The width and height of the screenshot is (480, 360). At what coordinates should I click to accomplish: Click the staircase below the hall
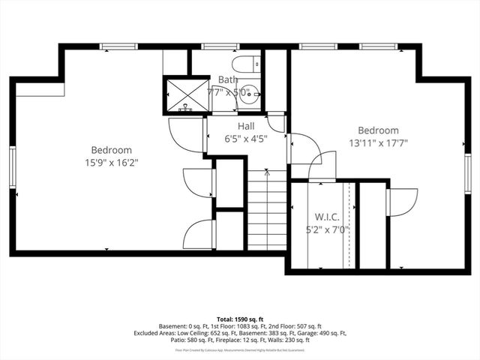pyautogui.click(x=268, y=210)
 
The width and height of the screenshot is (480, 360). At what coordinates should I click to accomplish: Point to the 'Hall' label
pyautogui.click(x=247, y=126)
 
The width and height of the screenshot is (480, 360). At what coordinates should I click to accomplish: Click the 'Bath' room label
pyautogui.click(x=227, y=79)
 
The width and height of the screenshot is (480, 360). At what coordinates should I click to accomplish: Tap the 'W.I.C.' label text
pyautogui.click(x=327, y=217)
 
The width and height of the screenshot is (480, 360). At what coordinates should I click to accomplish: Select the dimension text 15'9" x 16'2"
pyautogui.click(x=112, y=162)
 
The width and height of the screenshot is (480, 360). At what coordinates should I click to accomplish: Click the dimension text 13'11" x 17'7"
pyautogui.click(x=378, y=142)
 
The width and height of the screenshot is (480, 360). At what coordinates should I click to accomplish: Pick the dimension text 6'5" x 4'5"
pyautogui.click(x=247, y=138)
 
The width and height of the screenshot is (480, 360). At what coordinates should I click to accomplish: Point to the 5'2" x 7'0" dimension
pyautogui.click(x=327, y=229)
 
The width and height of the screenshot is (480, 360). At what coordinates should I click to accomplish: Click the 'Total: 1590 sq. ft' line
pyautogui.click(x=239, y=319)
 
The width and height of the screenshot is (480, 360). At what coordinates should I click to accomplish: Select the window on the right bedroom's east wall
pyautogui.click(x=467, y=174)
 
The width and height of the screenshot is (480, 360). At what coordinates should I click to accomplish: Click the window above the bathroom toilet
pyautogui.click(x=216, y=46)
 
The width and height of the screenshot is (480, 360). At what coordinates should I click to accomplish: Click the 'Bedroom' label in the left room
pyautogui.click(x=112, y=149)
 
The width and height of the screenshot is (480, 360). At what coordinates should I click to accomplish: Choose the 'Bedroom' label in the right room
pyautogui.click(x=378, y=130)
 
